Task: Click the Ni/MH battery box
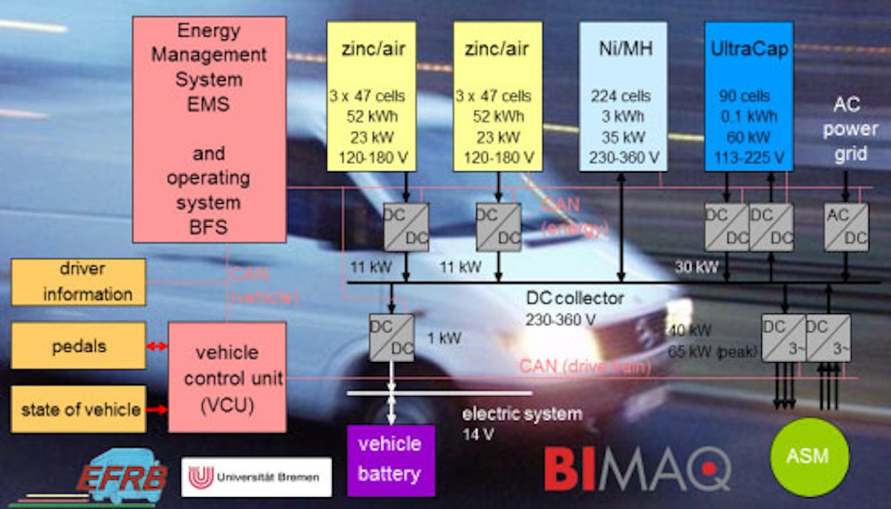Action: click(x=622, y=96)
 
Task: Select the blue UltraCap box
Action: click(x=748, y=96)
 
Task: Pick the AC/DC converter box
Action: click(x=846, y=226)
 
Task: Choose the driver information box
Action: click(x=79, y=282)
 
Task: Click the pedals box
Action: click(x=79, y=347)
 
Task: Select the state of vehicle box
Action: click(x=79, y=409)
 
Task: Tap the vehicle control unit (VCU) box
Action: click(x=227, y=377)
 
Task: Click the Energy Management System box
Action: click(x=209, y=129)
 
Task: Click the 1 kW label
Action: click(x=444, y=338)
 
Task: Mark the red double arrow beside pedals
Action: click(x=157, y=347)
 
